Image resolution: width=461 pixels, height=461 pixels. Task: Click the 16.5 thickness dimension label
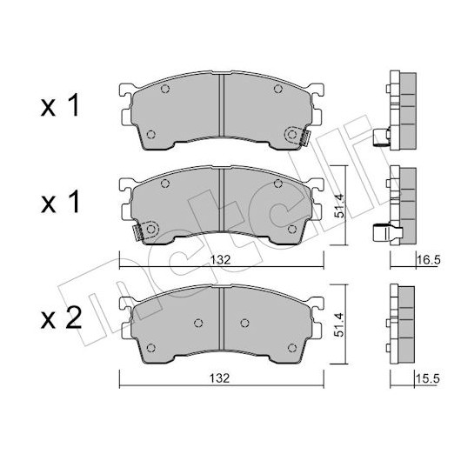pyautogui.click(x=428, y=260)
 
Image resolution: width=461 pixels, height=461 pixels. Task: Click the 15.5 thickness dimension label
pyautogui.click(x=427, y=379)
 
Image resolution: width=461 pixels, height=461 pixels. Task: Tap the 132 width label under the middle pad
pyautogui.click(x=221, y=260)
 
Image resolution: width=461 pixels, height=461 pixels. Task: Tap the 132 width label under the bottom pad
pyautogui.click(x=219, y=378)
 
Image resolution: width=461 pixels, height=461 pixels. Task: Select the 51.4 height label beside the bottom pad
pyautogui.click(x=339, y=324)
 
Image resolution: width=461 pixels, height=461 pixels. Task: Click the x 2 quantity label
pyautogui.click(x=61, y=319)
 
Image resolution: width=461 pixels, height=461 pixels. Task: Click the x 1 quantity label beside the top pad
pyautogui.click(x=60, y=106)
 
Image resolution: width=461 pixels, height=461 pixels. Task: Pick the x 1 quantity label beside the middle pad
pyautogui.click(x=60, y=202)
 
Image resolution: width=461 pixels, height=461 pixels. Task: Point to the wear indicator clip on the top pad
pyautogui.click(x=306, y=138)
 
